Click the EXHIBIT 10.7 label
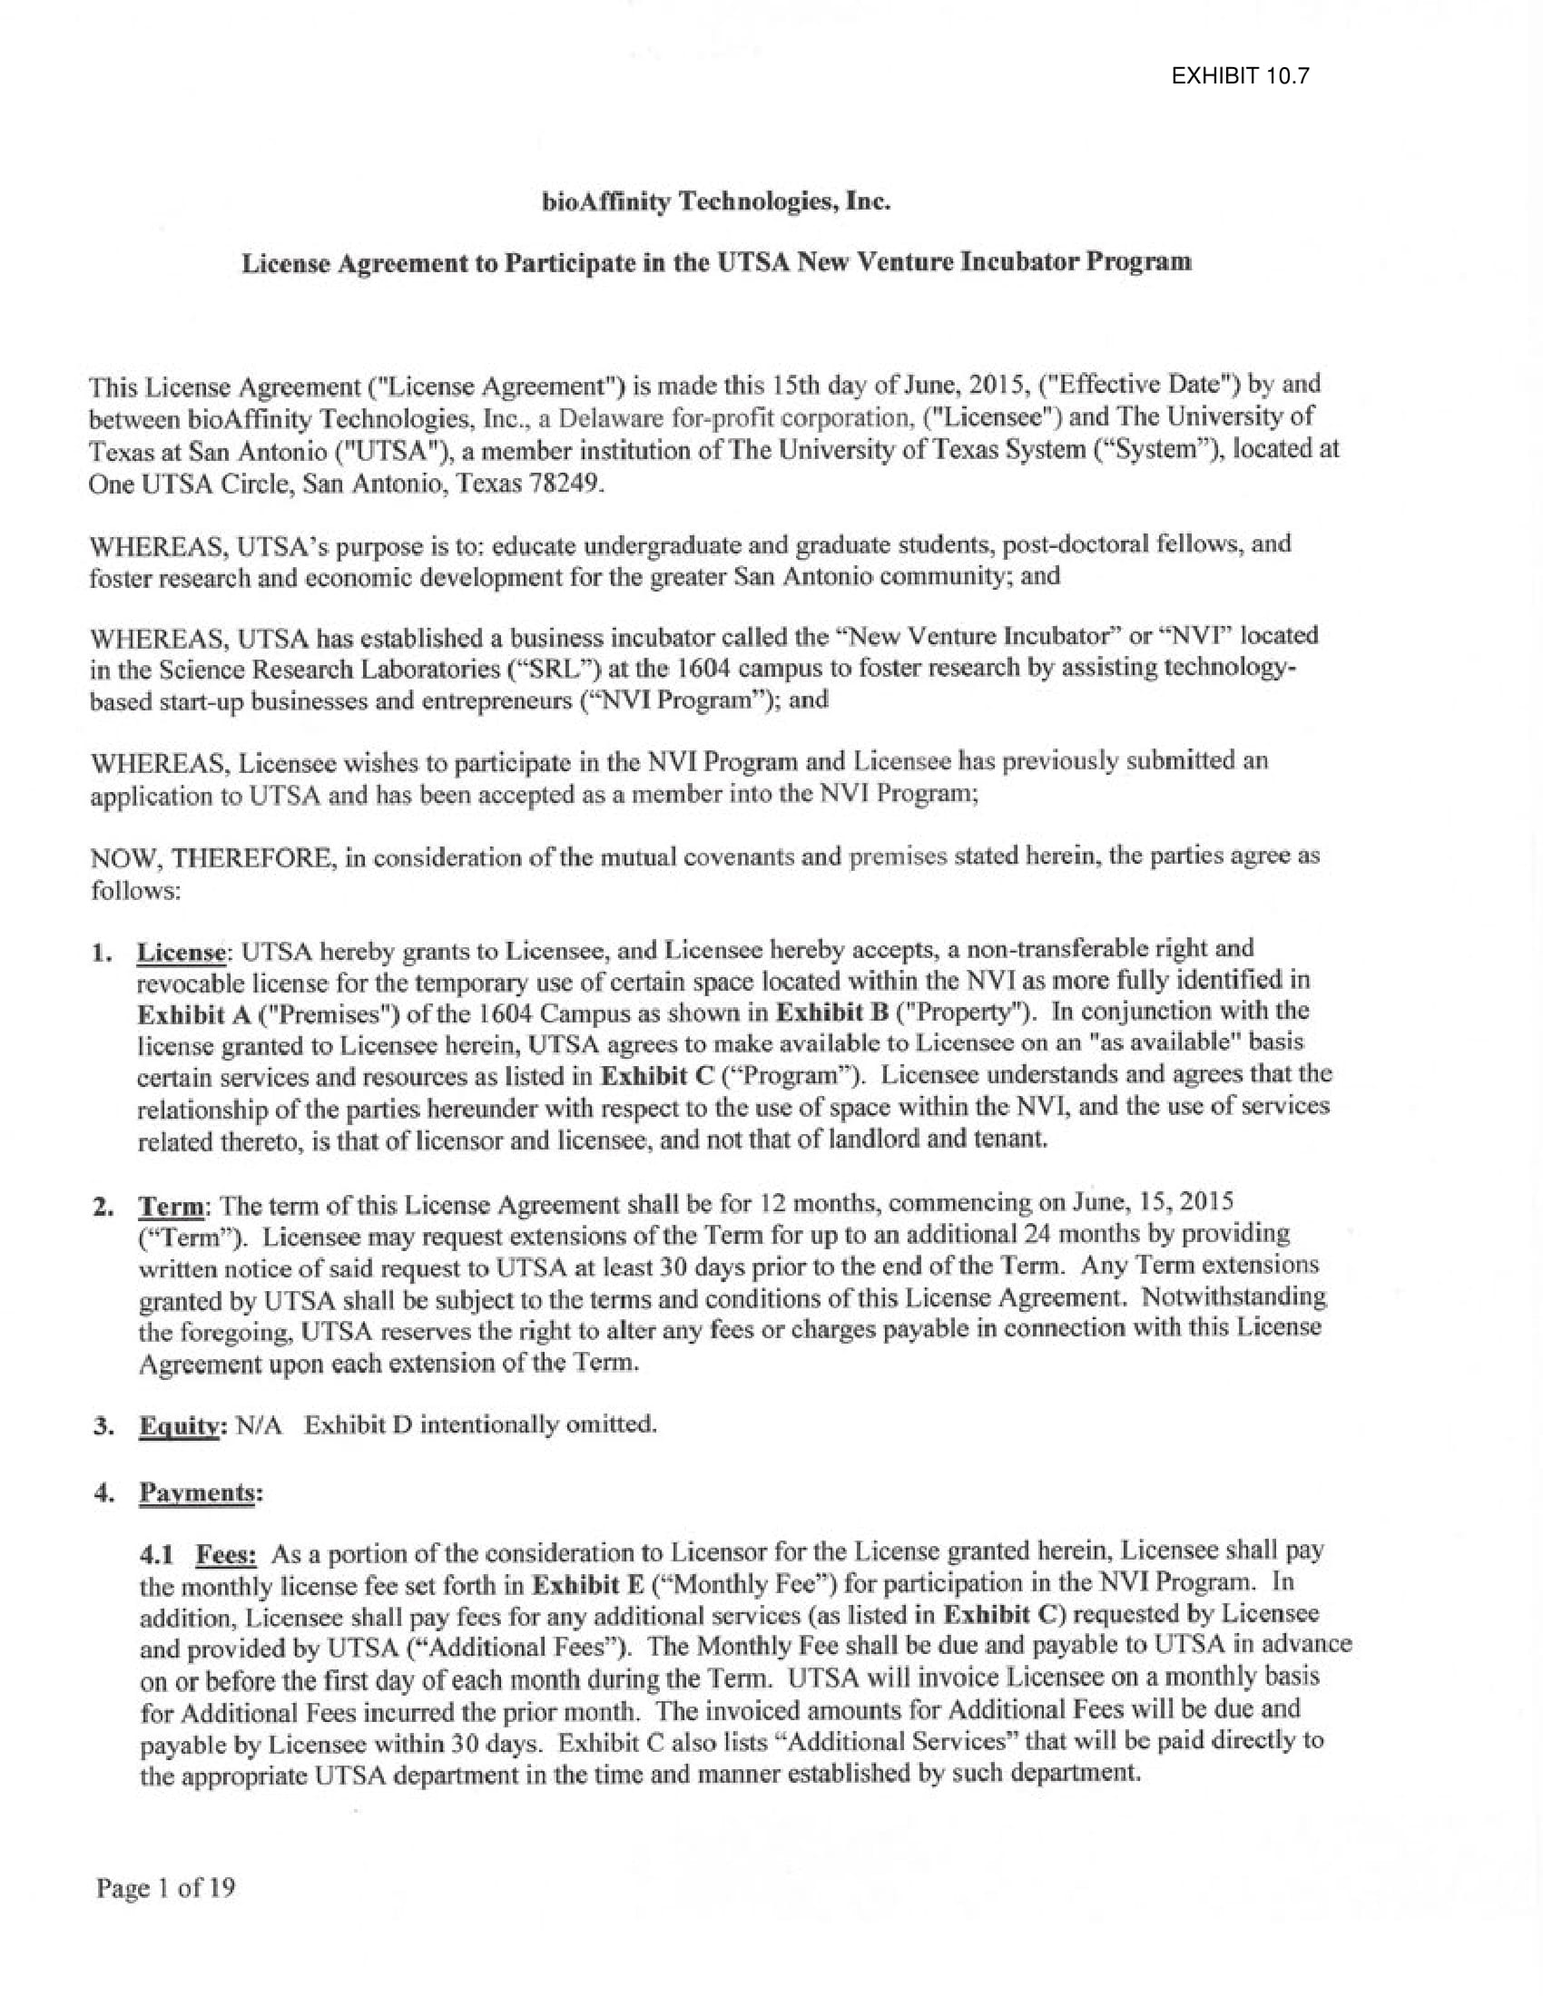coord(1241,76)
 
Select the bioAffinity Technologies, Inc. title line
coord(716,202)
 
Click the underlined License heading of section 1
coord(181,953)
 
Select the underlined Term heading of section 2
coord(171,1207)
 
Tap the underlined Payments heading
coord(198,1492)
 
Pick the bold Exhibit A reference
coord(181,1014)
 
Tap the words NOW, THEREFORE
coord(211,859)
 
